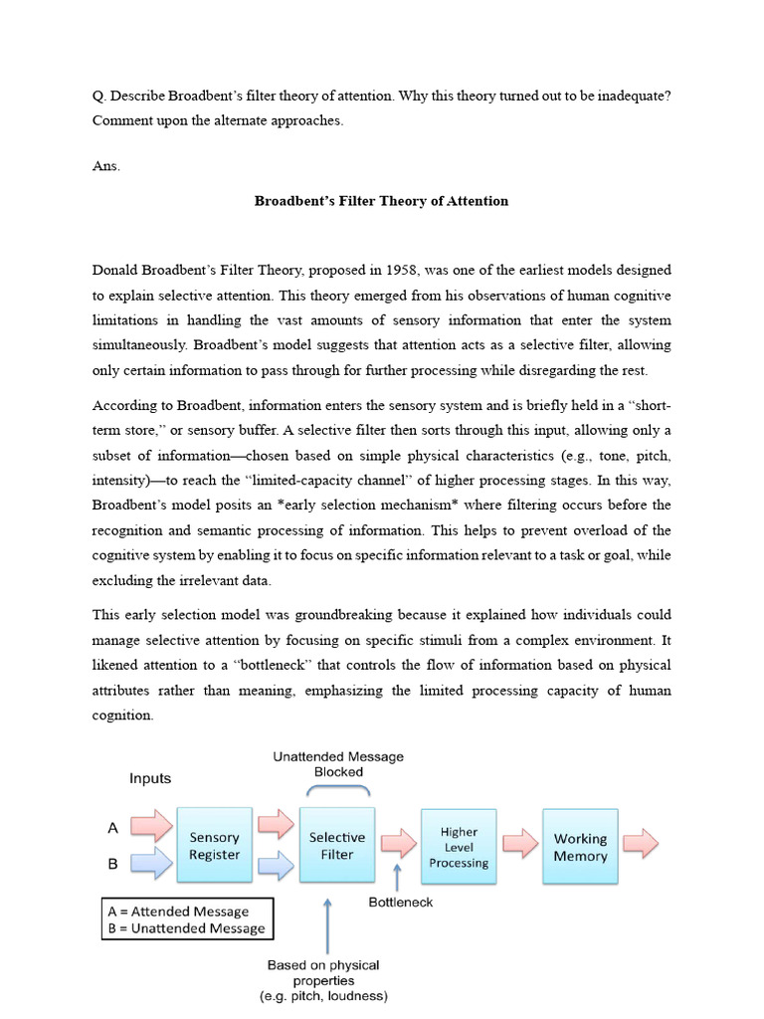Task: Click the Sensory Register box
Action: [215, 846]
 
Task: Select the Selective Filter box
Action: [337, 846]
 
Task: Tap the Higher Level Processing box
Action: [459, 847]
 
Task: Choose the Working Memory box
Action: [580, 847]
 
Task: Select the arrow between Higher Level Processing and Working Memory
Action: [519, 844]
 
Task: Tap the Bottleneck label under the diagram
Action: [401, 903]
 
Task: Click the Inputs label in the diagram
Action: [150, 778]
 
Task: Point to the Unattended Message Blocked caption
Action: [338, 763]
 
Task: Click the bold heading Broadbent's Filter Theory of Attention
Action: [381, 201]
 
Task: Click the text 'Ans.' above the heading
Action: [106, 166]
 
